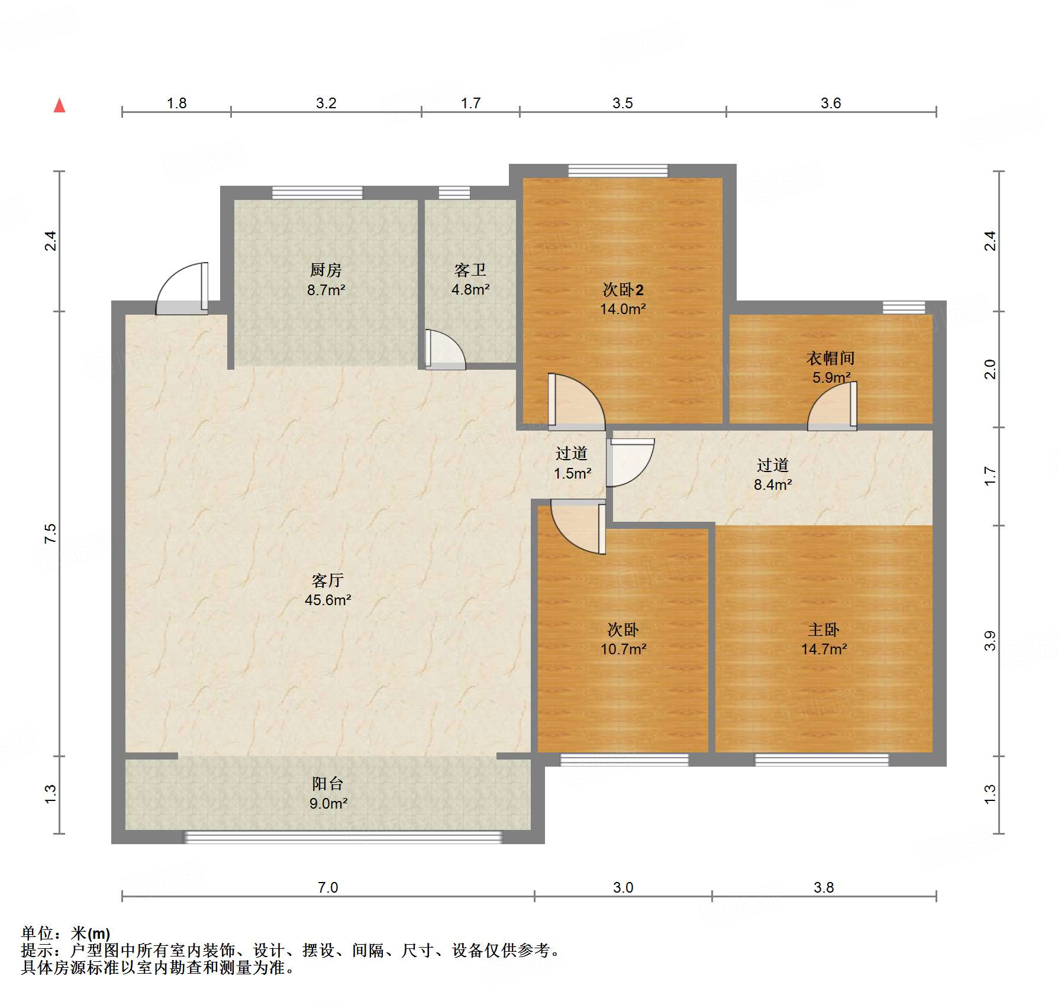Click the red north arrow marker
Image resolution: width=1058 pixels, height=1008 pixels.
pos(59,105)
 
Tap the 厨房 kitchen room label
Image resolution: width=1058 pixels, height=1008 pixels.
pos(325,270)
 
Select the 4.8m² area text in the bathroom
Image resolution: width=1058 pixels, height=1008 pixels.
pos(470,290)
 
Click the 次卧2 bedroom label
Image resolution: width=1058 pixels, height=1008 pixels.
pos(622,289)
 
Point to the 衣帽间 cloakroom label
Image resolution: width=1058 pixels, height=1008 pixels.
pos(830,358)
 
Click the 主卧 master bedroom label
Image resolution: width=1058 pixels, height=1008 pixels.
pos(823,629)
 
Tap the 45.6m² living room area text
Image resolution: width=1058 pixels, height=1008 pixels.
pos(328,600)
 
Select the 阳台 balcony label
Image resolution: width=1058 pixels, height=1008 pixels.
pos(328,784)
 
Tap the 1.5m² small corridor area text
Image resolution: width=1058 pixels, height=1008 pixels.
pos(572,473)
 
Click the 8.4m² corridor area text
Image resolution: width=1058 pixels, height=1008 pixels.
pos(772,484)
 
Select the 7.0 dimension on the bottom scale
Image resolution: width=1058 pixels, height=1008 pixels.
pos(328,887)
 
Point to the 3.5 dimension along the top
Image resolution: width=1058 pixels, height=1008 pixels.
pos(622,104)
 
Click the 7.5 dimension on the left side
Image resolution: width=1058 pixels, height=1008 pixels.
pos(51,533)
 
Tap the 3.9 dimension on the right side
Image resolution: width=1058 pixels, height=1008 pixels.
pos(990,641)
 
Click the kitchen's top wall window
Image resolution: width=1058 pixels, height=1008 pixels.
pos(317,192)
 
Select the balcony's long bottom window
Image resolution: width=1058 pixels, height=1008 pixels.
pos(343,837)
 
